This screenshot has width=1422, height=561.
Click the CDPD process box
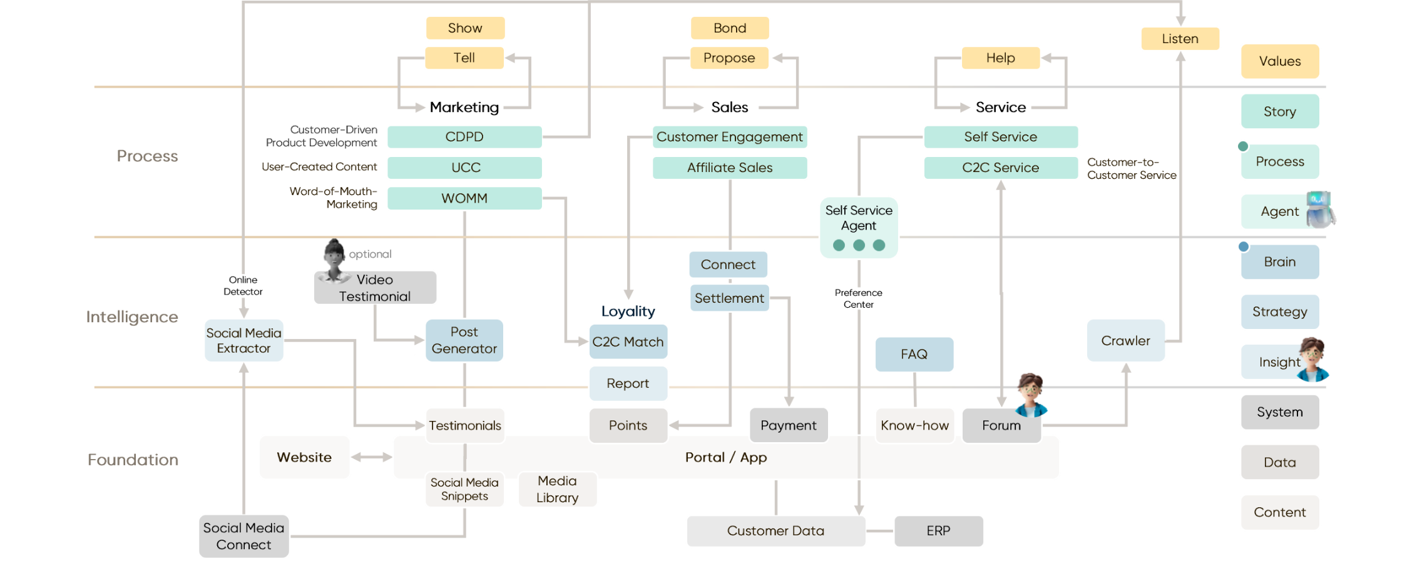pyautogui.click(x=464, y=137)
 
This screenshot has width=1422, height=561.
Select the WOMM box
pyautogui.click(x=464, y=198)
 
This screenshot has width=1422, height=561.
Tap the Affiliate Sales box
pyautogui.click(x=729, y=168)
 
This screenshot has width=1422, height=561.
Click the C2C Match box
pyautogui.click(x=628, y=341)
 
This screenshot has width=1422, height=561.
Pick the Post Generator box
pyautogui.click(x=464, y=340)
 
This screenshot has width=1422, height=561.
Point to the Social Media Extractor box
pyautogui.click(x=243, y=340)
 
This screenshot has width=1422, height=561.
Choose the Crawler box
pyautogui.click(x=1125, y=341)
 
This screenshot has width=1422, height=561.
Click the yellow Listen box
pyautogui.click(x=1180, y=39)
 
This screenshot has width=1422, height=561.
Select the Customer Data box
pyautogui.click(x=775, y=531)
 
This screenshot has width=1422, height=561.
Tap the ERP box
pyautogui.click(x=938, y=531)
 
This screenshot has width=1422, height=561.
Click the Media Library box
pyautogui.click(x=557, y=489)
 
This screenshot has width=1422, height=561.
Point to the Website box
pyautogui.click(x=304, y=457)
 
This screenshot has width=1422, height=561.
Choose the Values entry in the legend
pyautogui.click(x=1279, y=61)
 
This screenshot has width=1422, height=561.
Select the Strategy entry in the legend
pyautogui.click(x=1279, y=311)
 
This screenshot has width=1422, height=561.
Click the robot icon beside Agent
pyautogui.click(x=1320, y=209)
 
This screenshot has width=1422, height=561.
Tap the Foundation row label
pyautogui.click(x=133, y=460)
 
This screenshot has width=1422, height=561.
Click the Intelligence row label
pyautogui.click(x=131, y=317)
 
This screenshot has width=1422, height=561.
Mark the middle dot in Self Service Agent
pyautogui.click(x=859, y=245)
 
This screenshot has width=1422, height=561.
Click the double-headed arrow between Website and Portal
pyautogui.click(x=371, y=457)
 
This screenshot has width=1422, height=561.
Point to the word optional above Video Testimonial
pyautogui.click(x=369, y=255)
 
